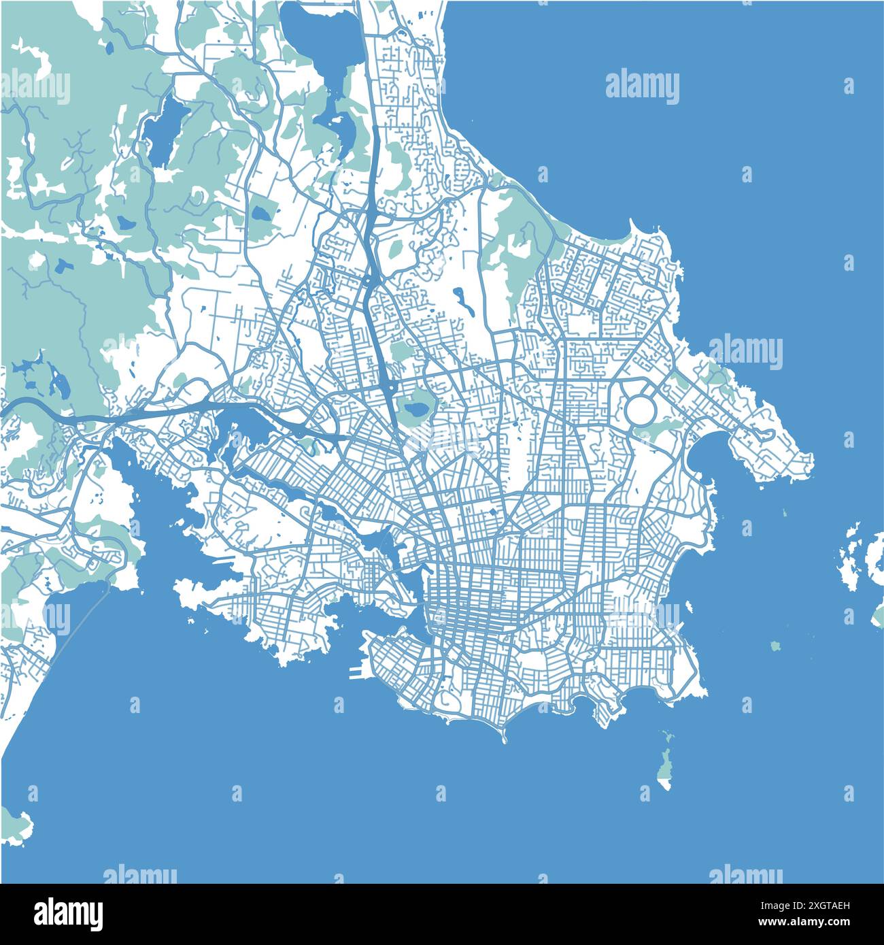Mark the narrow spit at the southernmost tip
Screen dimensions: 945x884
pos(504,738)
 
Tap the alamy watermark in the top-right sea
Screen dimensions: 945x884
pos(641,86)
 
